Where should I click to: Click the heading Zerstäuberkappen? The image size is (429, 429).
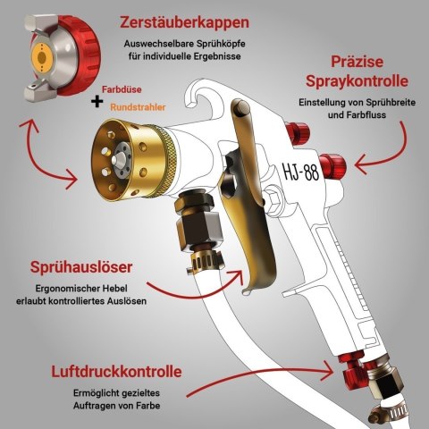point(184,23)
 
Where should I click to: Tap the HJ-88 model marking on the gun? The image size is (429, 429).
point(301,172)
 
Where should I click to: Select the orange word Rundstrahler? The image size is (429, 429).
point(138,107)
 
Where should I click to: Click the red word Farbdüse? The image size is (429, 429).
point(122,89)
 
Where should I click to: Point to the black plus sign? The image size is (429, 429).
point(97,102)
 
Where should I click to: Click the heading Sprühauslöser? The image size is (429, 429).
point(81,267)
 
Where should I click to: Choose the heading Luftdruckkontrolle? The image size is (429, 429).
point(116,372)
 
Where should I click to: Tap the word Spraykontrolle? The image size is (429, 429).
point(357,81)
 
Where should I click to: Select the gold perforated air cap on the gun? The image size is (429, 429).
point(132,160)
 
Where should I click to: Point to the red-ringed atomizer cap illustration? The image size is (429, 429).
point(62,55)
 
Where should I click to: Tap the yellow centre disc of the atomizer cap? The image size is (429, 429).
point(42,57)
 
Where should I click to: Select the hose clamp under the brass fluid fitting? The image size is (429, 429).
point(205,262)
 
